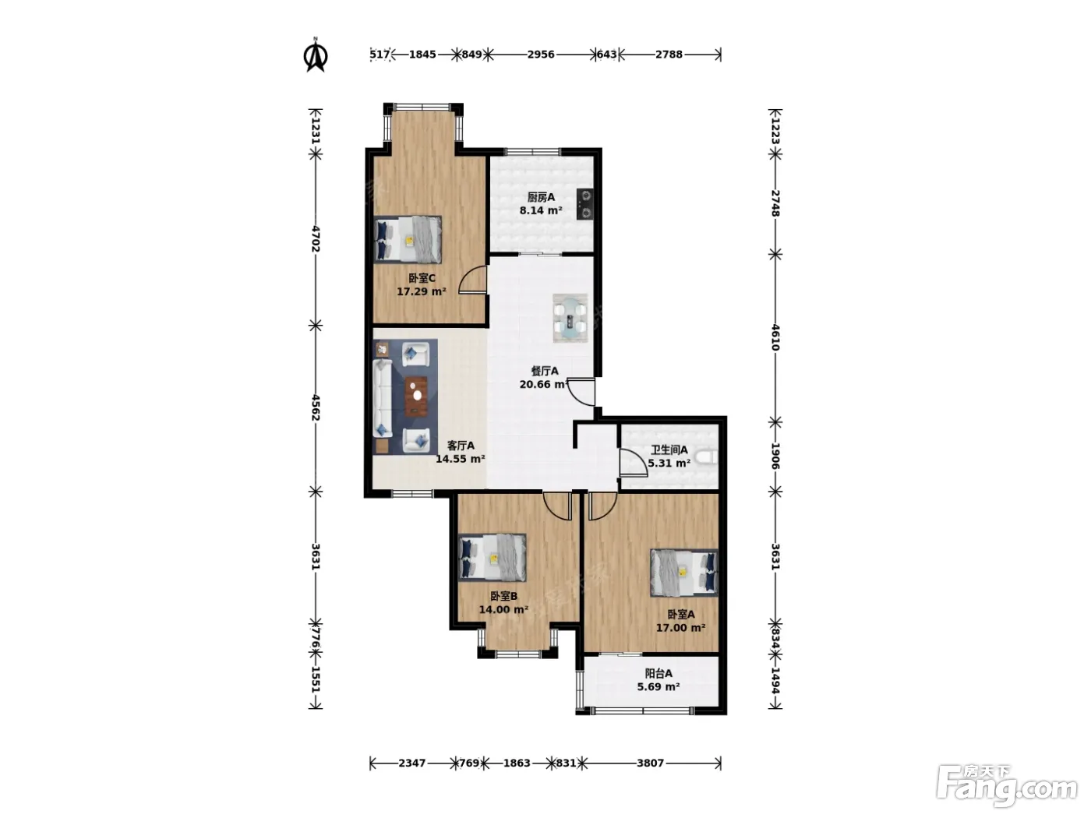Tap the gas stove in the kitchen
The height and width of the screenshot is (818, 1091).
585,204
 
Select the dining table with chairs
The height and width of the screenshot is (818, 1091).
570,318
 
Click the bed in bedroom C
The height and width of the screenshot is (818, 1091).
408,239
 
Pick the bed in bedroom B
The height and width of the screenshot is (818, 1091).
492,557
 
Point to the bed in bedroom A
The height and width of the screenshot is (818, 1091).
684,573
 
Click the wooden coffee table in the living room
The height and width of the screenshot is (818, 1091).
416,396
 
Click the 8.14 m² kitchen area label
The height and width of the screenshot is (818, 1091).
541,210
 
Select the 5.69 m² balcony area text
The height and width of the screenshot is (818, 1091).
658,687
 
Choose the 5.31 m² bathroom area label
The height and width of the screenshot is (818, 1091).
669,464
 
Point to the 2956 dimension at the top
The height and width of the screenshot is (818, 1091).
541,54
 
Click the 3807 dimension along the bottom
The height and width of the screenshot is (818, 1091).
650,763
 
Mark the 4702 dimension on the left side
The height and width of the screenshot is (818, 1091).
316,239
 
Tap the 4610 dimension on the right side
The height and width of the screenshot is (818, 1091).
775,338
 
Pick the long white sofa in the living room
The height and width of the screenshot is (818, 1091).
383,398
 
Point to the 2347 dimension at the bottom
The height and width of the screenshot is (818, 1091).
412,763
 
